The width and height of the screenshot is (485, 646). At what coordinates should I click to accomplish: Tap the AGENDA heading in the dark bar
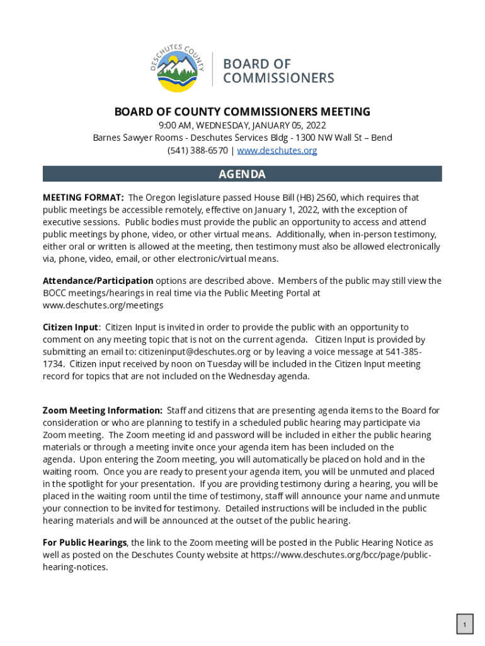(x=242, y=174)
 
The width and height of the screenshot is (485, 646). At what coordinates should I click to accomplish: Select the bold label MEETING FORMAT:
(x=83, y=197)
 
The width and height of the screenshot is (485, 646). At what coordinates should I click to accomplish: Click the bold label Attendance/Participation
(x=98, y=281)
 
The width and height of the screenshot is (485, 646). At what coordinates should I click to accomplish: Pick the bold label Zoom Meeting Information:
(x=103, y=411)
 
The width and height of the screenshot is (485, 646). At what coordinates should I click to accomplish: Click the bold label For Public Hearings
(x=85, y=543)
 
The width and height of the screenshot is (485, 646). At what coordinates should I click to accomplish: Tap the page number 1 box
(x=464, y=625)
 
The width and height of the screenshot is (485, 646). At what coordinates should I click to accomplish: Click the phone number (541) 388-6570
(x=197, y=150)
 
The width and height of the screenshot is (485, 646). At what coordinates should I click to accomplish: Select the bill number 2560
(x=327, y=197)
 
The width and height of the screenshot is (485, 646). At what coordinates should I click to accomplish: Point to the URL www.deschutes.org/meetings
(x=103, y=305)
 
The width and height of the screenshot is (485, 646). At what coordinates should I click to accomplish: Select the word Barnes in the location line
(x=107, y=138)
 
